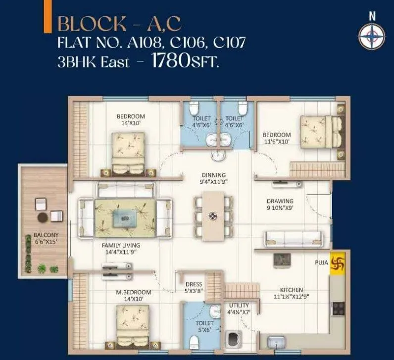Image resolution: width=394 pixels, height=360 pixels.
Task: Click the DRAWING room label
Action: [280, 205]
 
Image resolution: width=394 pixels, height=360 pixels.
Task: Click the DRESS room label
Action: [194, 288]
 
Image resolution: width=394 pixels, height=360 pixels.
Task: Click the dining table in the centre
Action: [213, 216]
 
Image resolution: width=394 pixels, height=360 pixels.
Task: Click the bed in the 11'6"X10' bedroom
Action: [319, 131]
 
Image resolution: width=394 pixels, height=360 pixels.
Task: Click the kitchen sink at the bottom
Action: [276, 342]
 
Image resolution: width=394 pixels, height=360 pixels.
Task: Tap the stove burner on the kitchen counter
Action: [339, 308]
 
